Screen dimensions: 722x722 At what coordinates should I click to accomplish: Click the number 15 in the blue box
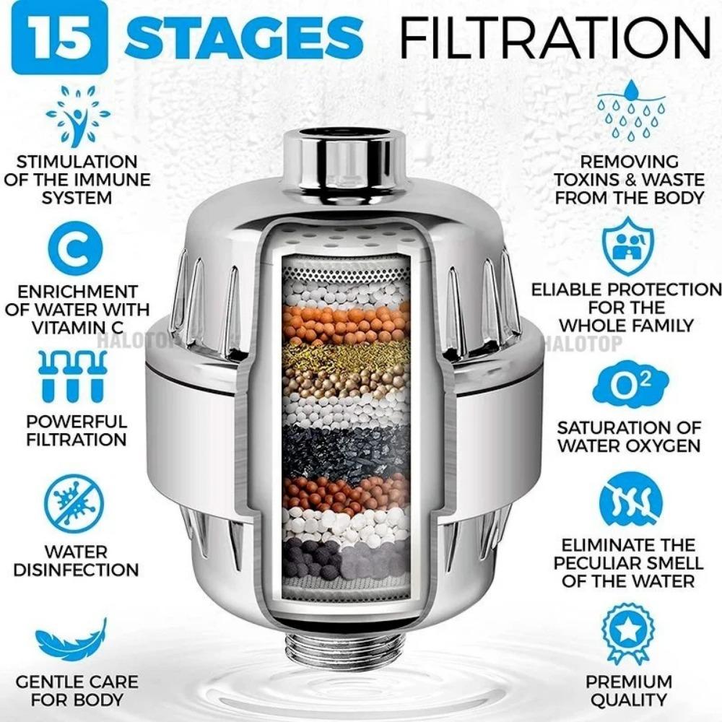[x=54, y=35]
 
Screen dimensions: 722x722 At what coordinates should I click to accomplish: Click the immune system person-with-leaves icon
[x=77, y=116]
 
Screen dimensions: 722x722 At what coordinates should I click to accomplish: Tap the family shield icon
[x=627, y=245]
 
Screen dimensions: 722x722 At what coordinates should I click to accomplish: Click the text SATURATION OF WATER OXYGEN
[x=628, y=437]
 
